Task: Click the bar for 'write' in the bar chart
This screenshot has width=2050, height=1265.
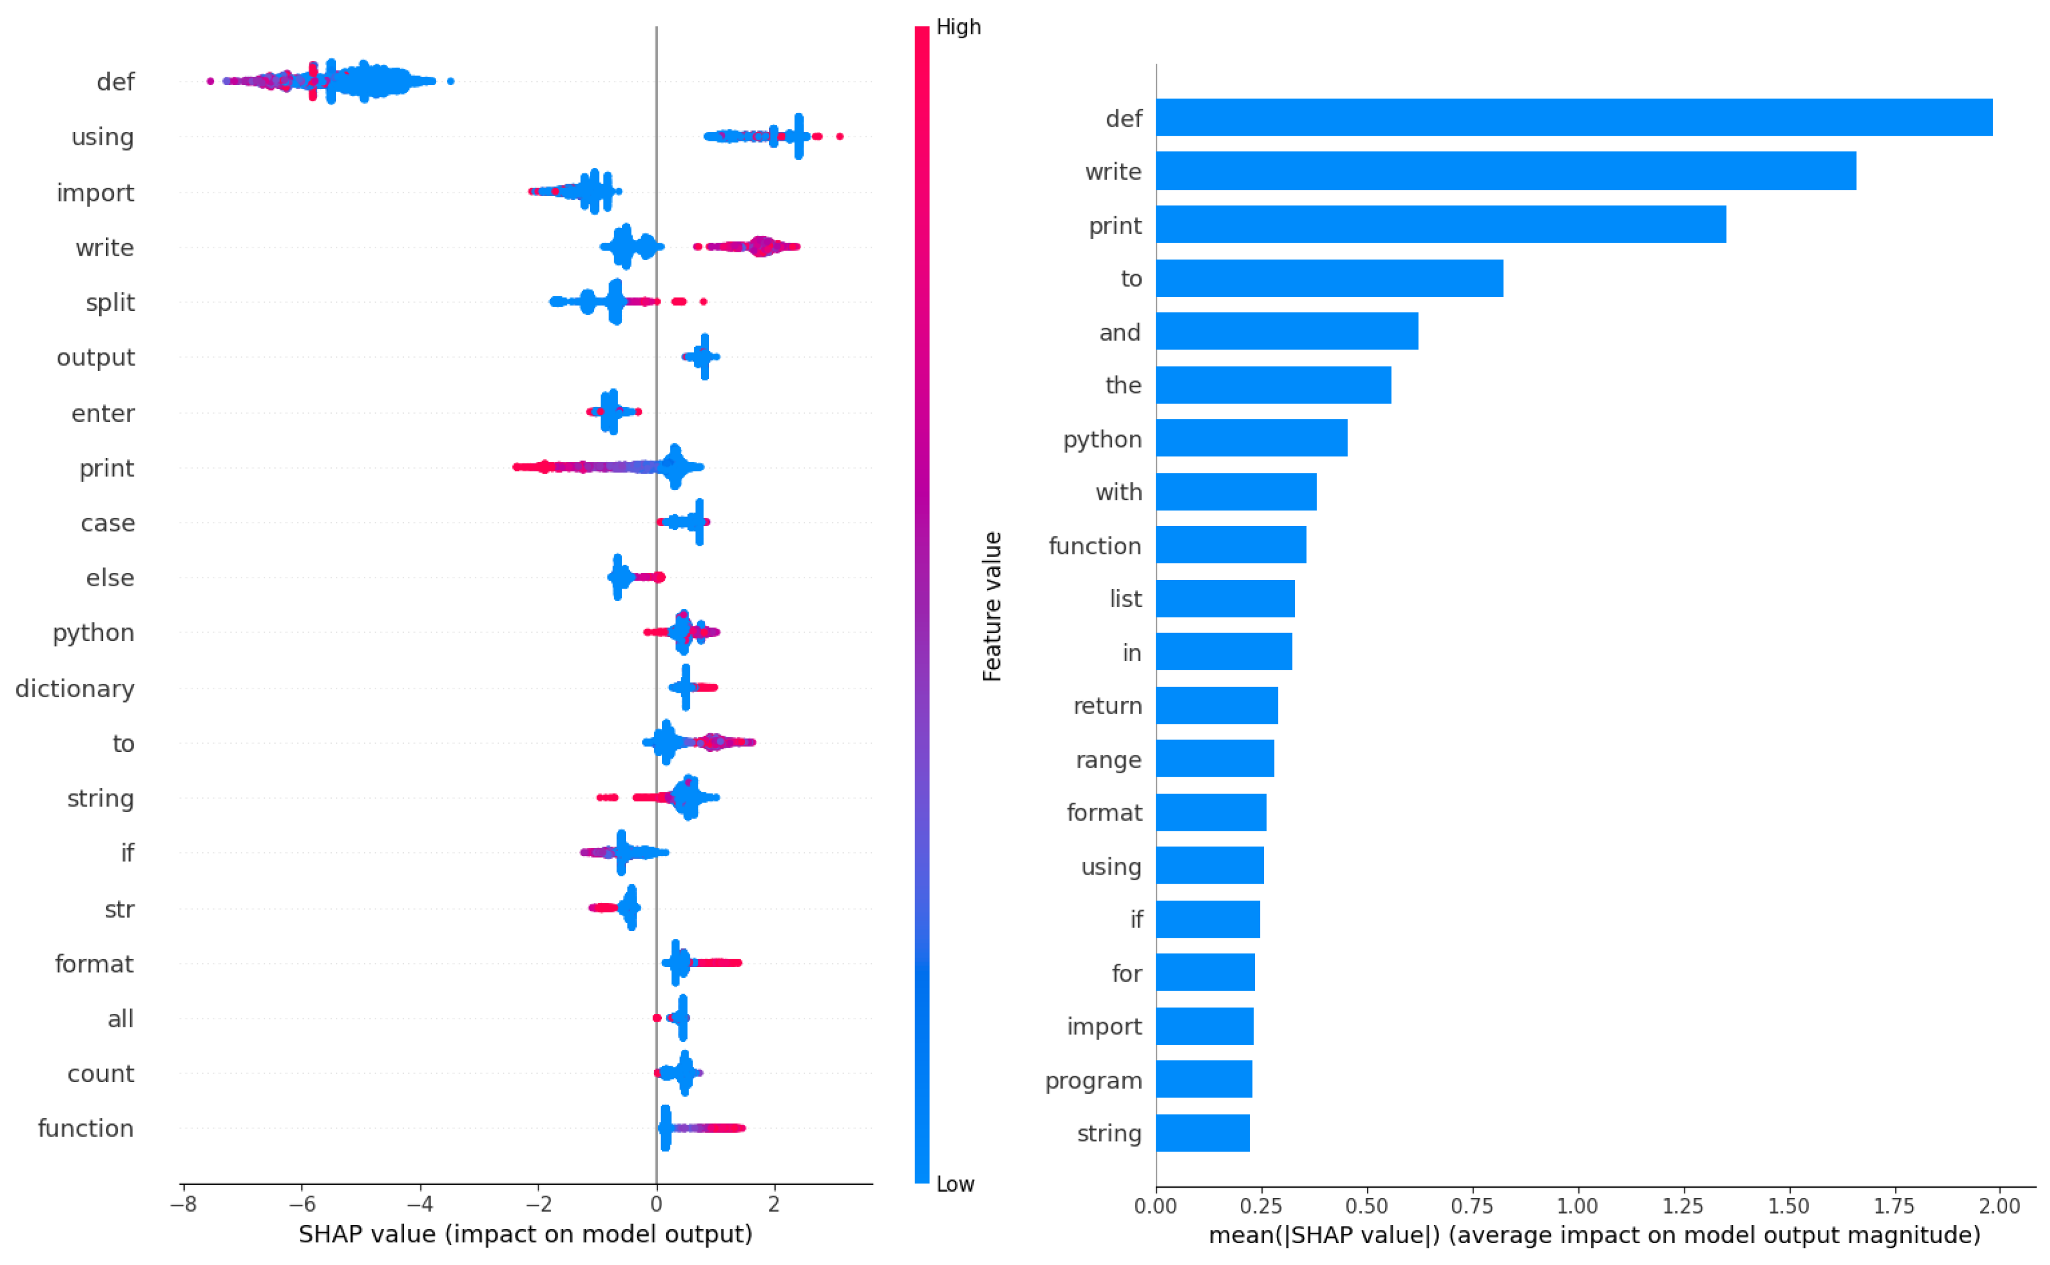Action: click(x=1505, y=171)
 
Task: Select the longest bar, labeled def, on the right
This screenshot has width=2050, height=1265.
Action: click(x=1574, y=117)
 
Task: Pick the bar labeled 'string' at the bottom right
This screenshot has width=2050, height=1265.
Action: click(x=1202, y=1132)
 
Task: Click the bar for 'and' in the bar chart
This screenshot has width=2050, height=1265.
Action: click(x=1286, y=331)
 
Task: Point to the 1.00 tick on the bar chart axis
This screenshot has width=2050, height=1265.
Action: click(x=1577, y=1206)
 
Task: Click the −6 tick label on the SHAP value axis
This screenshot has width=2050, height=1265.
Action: click(x=301, y=1205)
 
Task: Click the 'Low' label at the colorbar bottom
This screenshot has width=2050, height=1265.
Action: click(x=954, y=1184)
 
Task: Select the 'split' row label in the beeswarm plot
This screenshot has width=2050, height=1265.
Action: click(x=110, y=302)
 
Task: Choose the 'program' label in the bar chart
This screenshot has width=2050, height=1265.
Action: click(x=1093, y=1080)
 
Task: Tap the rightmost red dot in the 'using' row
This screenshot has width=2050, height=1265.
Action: click(x=840, y=136)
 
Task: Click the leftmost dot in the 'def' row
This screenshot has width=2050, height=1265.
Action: click(x=210, y=81)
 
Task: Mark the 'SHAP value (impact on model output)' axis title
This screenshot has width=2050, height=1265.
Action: click(x=525, y=1234)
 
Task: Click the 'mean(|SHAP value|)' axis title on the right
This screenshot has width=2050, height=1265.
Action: click(x=1594, y=1235)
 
